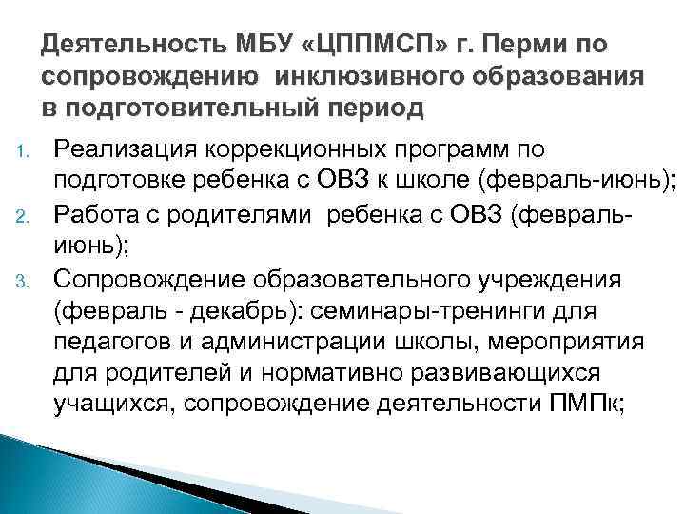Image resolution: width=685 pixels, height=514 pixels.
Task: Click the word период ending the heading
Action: [x=367, y=108]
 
